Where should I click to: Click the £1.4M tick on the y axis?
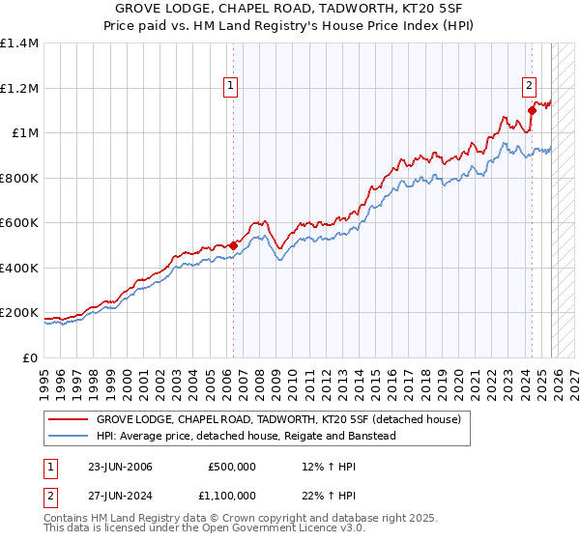[x=19, y=43]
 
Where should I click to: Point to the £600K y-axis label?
[x=19, y=223]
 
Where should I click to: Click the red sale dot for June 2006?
[x=233, y=245]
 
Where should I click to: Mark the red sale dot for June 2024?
[x=532, y=111]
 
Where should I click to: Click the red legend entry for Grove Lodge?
[x=279, y=420]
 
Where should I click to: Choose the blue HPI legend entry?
[x=246, y=437]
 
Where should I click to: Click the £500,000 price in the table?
[x=232, y=467]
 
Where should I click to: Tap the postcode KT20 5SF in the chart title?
[x=419, y=9]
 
